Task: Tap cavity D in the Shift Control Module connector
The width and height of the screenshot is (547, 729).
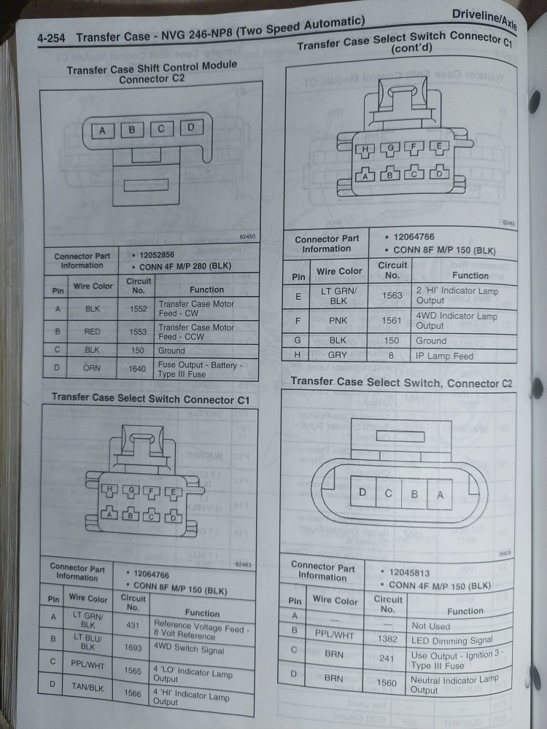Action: click(190, 128)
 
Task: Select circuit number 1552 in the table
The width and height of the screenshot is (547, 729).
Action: click(138, 309)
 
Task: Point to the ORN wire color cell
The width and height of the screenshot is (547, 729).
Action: click(92, 368)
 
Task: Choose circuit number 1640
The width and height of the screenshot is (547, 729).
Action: click(138, 368)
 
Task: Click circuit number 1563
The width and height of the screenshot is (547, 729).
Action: click(392, 296)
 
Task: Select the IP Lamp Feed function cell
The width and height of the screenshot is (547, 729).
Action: click(444, 356)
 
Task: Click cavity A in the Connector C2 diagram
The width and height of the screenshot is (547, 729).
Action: click(440, 494)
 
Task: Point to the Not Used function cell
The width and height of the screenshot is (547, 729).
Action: click(431, 625)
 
